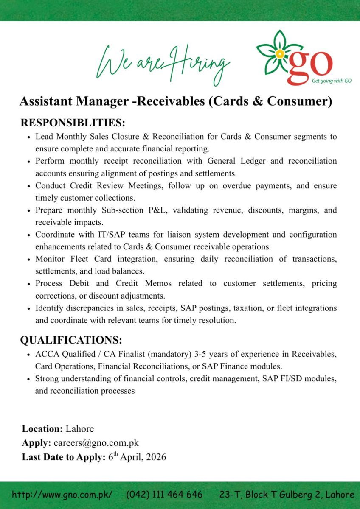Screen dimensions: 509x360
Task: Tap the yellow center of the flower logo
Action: click(279, 54)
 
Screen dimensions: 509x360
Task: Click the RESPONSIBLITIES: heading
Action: click(73, 123)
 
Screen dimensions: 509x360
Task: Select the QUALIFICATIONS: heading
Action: click(71, 340)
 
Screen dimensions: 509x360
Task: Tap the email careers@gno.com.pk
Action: click(96, 443)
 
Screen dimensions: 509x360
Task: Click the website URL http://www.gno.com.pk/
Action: click(62, 495)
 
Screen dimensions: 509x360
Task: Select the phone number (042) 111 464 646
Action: click(164, 495)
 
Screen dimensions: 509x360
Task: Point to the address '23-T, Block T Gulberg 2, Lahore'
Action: click(287, 495)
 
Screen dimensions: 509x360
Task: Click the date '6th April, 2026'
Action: click(137, 457)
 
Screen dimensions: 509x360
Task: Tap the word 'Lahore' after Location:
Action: click(80, 429)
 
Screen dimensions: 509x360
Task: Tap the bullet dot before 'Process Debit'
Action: click(28, 284)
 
